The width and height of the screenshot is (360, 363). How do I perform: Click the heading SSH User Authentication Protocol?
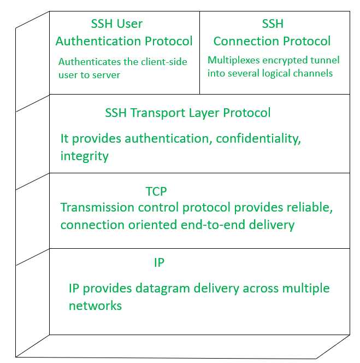tap(124, 33)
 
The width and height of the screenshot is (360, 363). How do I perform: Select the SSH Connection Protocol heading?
tap(272, 33)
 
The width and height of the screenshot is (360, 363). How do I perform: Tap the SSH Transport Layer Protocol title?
tap(187, 113)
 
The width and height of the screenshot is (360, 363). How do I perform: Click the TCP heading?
tap(156, 191)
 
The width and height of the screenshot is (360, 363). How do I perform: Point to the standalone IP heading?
tap(159, 263)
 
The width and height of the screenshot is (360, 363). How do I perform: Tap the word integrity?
tap(84, 156)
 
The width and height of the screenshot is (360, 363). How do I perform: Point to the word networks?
tap(95, 306)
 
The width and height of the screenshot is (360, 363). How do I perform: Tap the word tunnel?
tap(323, 60)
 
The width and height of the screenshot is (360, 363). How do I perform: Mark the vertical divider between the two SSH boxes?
tap(199, 52)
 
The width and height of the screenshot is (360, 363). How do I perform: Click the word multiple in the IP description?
tap(308, 288)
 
